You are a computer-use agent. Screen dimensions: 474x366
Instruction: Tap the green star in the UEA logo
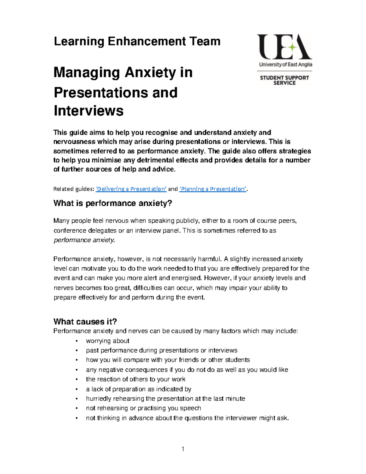pos(292,47)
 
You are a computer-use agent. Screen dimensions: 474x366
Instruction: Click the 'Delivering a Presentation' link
pos(131,189)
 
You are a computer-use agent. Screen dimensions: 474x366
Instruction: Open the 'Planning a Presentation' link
pos(213,189)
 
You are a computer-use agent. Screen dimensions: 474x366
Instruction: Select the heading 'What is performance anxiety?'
pos(113,203)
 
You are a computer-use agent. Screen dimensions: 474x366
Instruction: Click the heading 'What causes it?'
pos(85,321)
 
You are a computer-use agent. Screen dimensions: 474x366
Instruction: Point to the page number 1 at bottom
pos(183,449)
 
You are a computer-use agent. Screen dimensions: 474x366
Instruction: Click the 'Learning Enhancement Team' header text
pos(137,41)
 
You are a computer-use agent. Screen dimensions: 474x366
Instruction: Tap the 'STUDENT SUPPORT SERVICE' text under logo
pos(284,80)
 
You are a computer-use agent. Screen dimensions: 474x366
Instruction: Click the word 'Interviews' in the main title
pos(88,110)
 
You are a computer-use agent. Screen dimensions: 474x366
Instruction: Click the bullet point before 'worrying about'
pos(77,341)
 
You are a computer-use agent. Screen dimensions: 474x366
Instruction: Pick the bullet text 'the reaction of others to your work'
pos(135,379)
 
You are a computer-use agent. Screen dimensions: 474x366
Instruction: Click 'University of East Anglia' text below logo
pos(285,64)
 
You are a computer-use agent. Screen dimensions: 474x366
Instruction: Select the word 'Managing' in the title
pos(87,73)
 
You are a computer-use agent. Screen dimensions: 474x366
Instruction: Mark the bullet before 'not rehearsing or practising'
pos(77,409)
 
